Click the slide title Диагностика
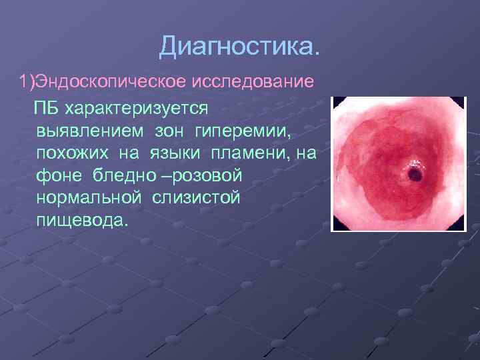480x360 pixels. coord(239,47)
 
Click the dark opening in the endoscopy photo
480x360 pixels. coord(413,175)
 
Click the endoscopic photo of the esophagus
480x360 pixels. coord(399,163)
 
